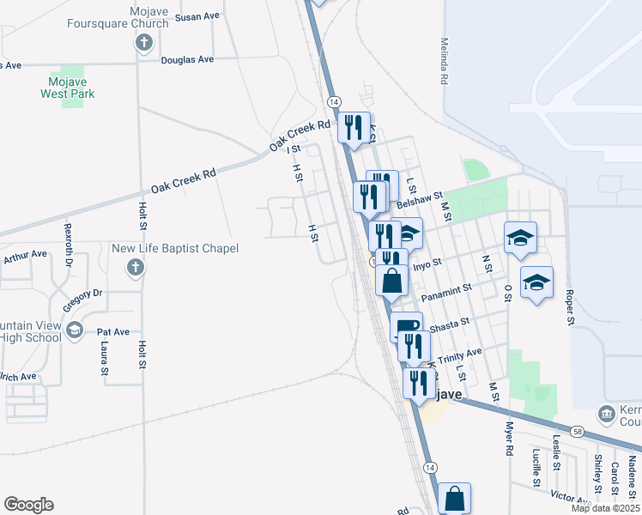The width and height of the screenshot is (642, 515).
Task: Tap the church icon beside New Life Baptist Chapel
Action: pos(134,269)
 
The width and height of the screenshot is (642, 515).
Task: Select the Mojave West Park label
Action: pos(68,88)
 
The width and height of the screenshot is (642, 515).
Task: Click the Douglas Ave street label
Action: pos(188,59)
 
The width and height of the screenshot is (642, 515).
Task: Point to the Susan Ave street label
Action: pos(197,16)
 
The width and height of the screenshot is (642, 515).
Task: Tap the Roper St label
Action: pos(568,306)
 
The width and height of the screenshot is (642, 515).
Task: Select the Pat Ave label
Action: pos(112,331)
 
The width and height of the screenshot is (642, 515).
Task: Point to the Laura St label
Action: pos(104,359)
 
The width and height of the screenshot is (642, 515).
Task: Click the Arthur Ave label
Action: pos(25,255)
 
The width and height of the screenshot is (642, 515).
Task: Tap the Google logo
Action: pos(27,505)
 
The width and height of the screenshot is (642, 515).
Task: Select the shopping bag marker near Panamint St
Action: pos(391,281)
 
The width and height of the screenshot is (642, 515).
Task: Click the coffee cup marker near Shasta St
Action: pos(406,326)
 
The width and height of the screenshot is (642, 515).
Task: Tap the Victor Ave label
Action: pos(569,497)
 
